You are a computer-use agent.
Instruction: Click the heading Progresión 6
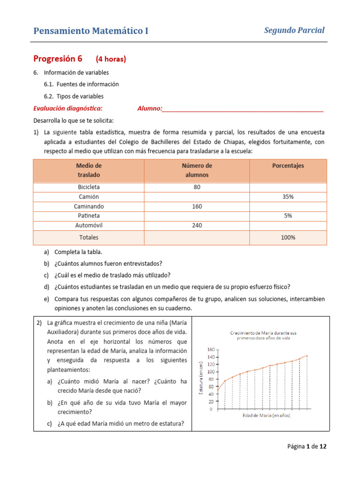tap(58, 59)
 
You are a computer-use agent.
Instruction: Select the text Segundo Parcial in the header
tap(294, 30)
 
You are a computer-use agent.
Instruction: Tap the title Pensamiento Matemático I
tap(90, 31)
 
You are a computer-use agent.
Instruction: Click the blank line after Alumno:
tap(242, 109)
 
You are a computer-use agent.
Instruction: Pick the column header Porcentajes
tap(288, 166)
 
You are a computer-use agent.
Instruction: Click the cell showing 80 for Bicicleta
tap(196, 187)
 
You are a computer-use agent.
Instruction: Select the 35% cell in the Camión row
tap(288, 197)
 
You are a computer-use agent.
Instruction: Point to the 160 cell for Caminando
tap(196, 206)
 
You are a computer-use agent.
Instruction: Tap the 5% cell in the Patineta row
tap(288, 216)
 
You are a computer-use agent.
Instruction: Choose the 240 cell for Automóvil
tap(196, 225)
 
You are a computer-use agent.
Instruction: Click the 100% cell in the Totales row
tap(288, 238)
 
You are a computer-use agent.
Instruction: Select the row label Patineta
tap(89, 216)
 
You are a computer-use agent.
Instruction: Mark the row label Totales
tap(89, 238)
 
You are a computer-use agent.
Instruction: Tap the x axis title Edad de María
tap(266, 416)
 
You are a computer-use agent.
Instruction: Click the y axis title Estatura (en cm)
tap(201, 379)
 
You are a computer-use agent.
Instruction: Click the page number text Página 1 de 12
tap(307, 447)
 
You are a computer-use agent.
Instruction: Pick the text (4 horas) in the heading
tap(111, 60)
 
